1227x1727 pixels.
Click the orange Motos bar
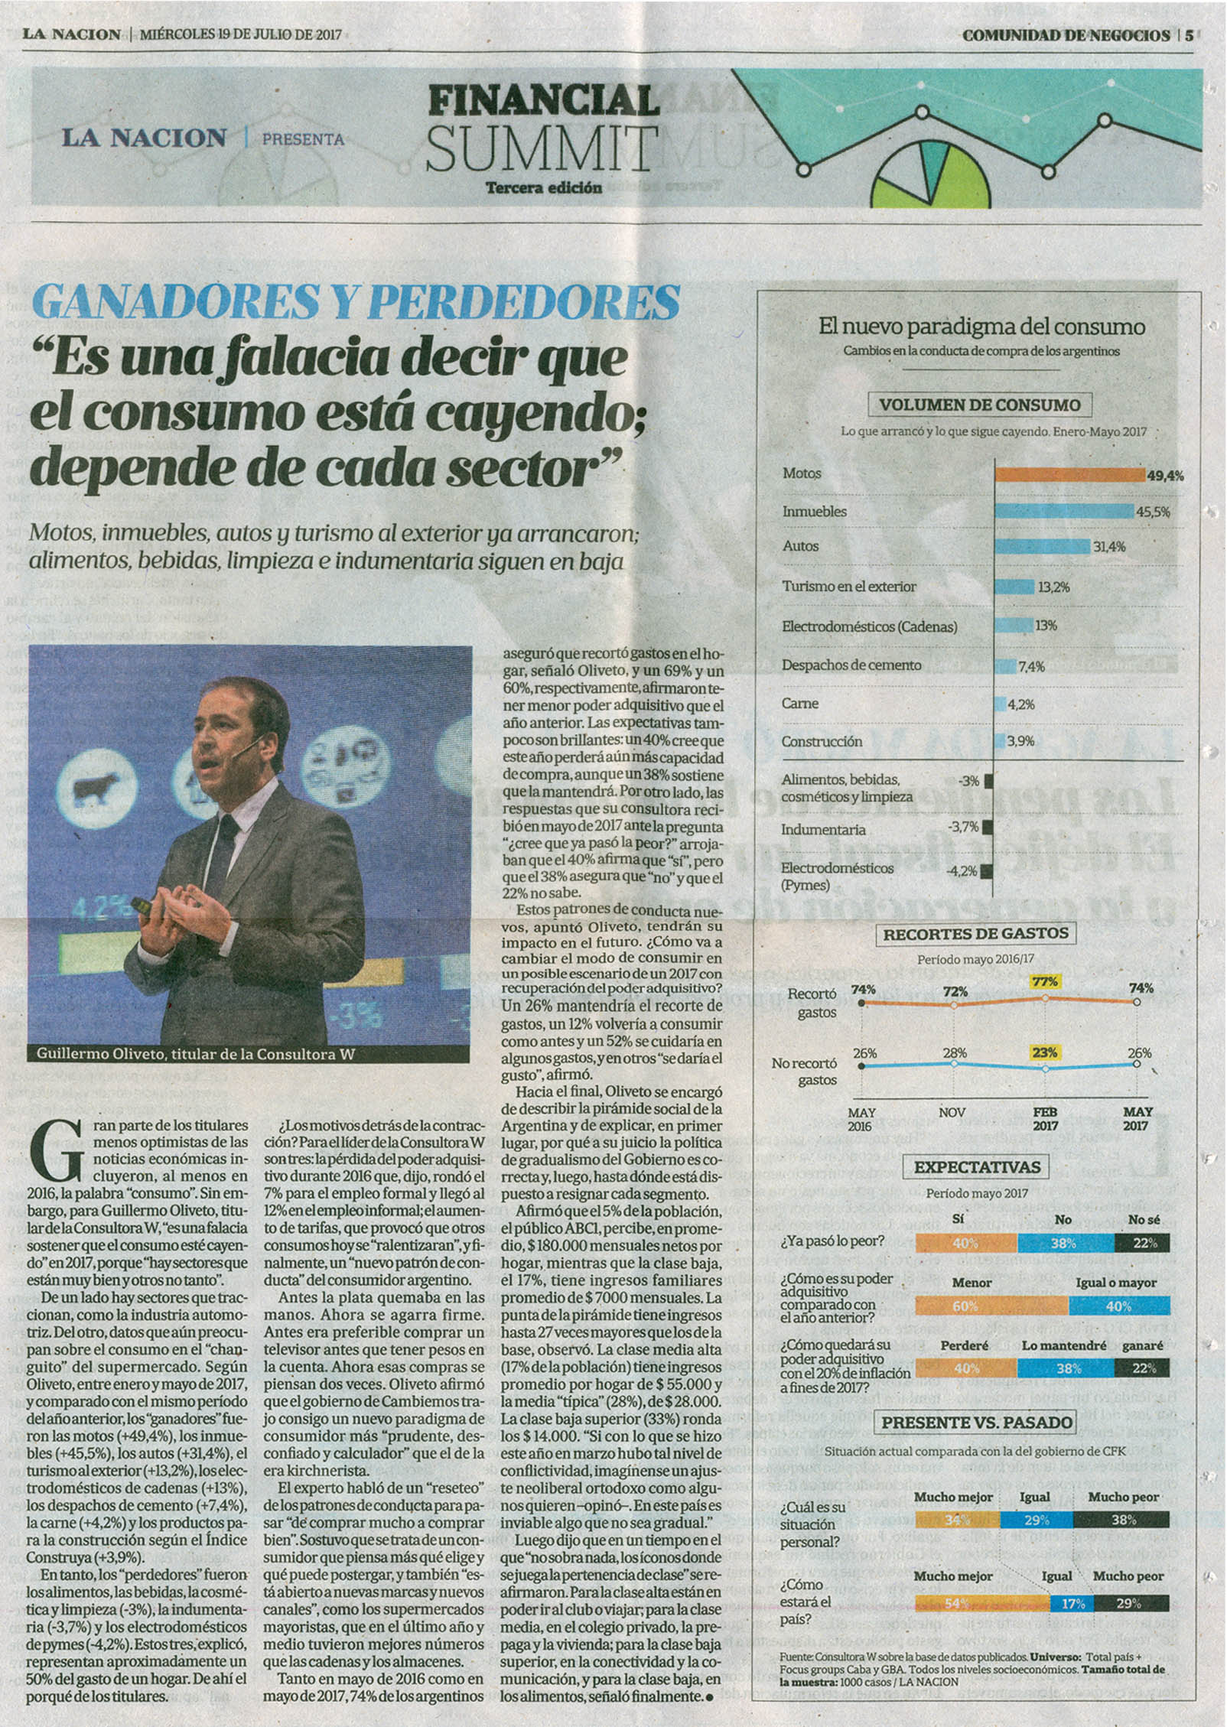(1069, 474)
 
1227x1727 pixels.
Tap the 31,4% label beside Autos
(1109, 546)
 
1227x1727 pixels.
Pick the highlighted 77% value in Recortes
(1045, 981)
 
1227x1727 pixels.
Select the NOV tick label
(952, 1112)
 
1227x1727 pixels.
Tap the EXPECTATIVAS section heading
(978, 1167)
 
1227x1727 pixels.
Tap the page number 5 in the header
(1190, 35)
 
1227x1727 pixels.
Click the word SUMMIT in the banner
(542, 148)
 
